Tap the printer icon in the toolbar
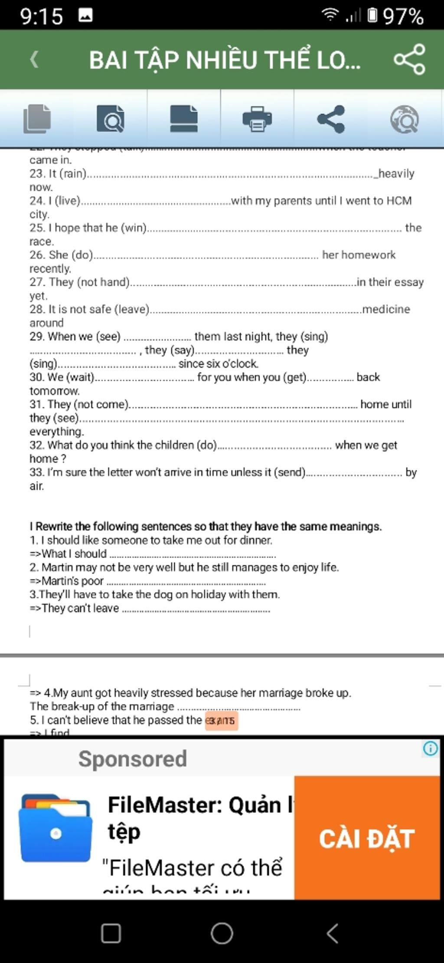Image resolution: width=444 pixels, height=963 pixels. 257,119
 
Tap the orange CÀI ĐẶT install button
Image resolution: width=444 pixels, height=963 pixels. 367,838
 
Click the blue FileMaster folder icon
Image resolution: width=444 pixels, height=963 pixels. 55,828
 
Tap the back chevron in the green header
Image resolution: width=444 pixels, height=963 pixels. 34,59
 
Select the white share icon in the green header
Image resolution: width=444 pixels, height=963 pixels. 409,59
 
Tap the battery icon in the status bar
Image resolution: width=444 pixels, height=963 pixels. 372,16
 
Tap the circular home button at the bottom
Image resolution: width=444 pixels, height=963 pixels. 222,933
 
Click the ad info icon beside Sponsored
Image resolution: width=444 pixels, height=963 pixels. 430,748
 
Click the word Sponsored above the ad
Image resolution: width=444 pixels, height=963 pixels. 133,759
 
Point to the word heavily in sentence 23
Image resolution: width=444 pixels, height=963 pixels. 396,173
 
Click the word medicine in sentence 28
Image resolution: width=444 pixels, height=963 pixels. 386,309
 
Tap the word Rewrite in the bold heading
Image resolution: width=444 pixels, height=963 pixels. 54,527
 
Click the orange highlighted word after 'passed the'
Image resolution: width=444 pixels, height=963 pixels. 221,720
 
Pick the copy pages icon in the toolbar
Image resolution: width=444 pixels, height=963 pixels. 37,119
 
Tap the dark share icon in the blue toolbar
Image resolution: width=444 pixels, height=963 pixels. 331,119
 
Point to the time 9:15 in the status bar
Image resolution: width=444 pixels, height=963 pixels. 42,16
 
